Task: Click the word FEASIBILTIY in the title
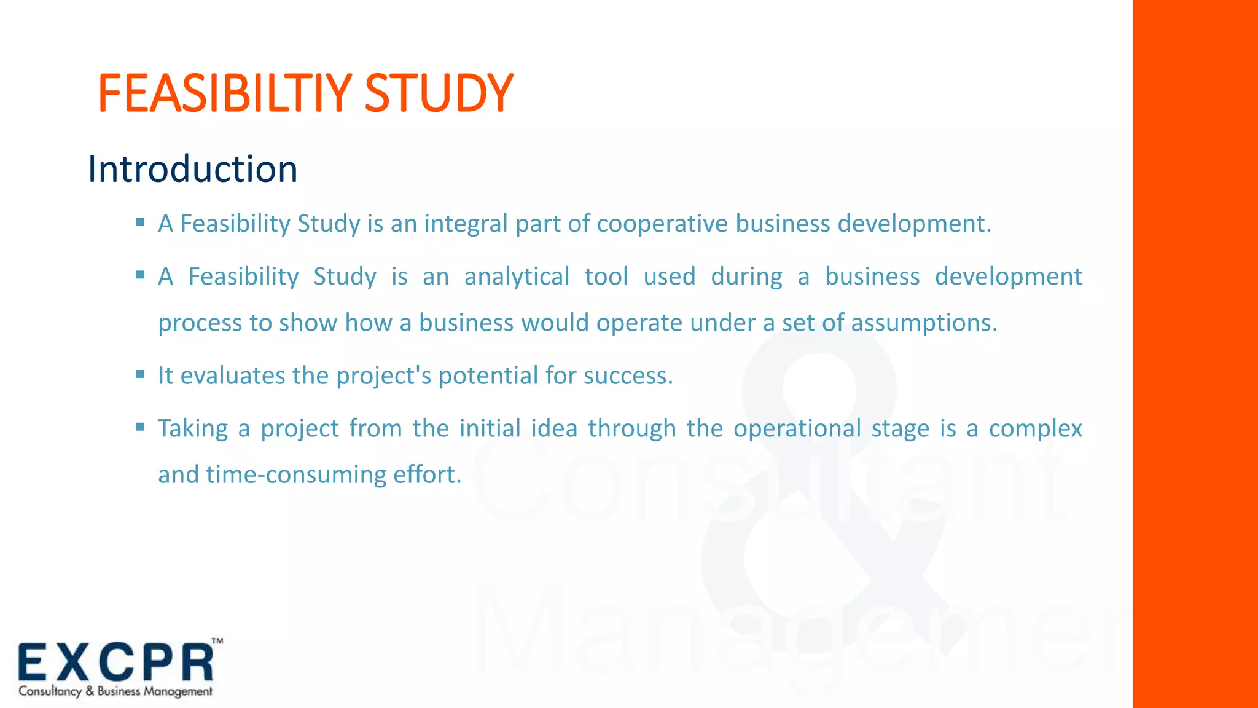coord(225,93)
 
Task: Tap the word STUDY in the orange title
coord(439,93)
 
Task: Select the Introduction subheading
coord(192,169)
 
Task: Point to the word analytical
coord(517,277)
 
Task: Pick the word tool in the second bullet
coord(606,277)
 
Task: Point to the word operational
coord(797,428)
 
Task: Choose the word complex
coord(1035,428)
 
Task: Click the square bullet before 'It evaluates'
coord(141,374)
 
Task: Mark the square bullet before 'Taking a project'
coord(141,427)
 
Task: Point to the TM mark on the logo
coord(217,641)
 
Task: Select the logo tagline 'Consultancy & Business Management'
coord(115,691)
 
